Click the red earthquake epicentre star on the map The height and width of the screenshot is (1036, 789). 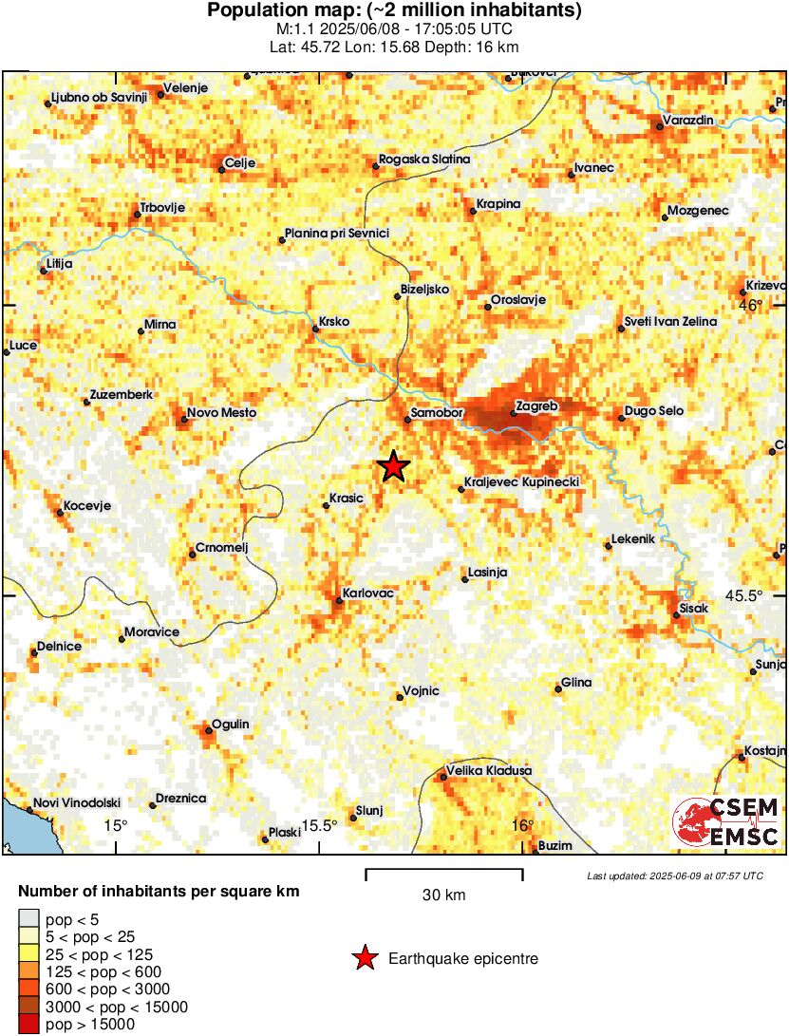point(393,466)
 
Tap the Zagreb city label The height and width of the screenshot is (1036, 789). point(535,407)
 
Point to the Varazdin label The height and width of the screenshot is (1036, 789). point(689,121)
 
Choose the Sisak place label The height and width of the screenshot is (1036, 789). point(694,607)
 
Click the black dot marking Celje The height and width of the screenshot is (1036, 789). point(221,170)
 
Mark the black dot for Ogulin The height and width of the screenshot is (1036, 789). point(209,729)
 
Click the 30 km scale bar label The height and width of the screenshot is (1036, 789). point(443,895)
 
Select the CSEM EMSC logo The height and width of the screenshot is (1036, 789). point(726,822)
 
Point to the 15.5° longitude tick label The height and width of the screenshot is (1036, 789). point(319,825)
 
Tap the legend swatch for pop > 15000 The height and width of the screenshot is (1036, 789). point(29,1024)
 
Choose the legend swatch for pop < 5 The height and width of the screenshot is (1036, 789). point(29,917)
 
